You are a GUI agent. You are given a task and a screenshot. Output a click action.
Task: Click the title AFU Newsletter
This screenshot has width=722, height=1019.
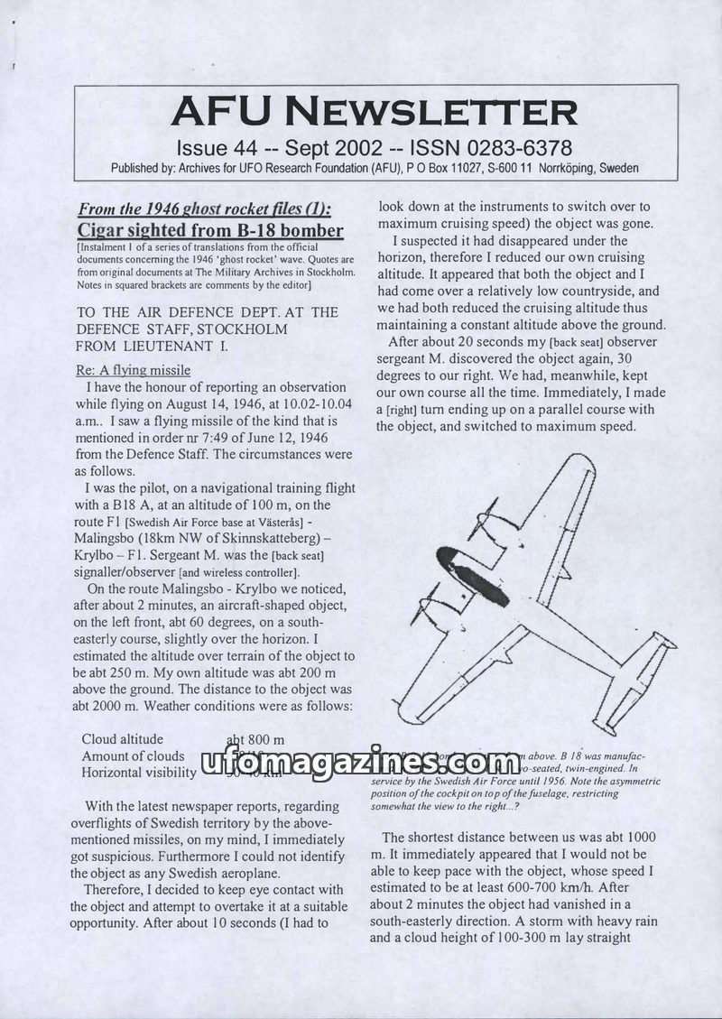click(x=374, y=112)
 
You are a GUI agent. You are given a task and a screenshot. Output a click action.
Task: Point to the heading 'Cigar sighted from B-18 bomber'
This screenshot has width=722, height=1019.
click(x=210, y=230)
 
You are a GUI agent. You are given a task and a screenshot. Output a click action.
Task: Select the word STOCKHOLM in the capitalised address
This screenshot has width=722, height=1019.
click(x=245, y=329)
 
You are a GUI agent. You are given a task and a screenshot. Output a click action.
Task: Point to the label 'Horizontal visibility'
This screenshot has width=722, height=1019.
click(x=138, y=773)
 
